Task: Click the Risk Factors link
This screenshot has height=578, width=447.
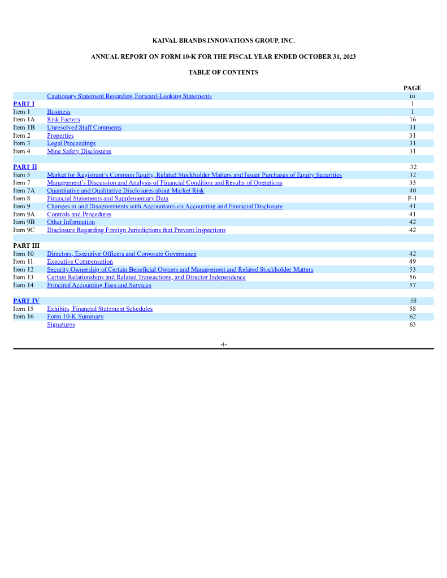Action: (x=63, y=120)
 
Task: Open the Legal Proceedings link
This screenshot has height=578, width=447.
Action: (x=71, y=143)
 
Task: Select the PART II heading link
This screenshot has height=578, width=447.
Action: (x=25, y=167)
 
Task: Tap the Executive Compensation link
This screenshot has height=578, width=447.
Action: (x=80, y=262)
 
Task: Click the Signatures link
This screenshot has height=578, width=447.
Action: (x=60, y=325)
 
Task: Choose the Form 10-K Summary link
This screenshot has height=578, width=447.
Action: (x=75, y=317)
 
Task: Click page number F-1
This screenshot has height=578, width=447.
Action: (x=412, y=199)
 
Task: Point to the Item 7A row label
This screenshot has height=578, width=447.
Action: (x=24, y=191)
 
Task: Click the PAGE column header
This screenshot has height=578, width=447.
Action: (x=412, y=88)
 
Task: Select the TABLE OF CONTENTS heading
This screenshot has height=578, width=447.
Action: (x=223, y=72)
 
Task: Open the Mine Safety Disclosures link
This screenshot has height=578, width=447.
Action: (x=79, y=151)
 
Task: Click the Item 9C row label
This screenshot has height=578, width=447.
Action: (x=24, y=230)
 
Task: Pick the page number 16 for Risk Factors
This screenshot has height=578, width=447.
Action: (x=413, y=120)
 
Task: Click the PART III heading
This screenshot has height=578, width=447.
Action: (x=26, y=246)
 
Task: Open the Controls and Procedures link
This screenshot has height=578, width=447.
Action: (x=79, y=214)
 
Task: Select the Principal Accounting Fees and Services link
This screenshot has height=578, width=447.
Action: (x=99, y=286)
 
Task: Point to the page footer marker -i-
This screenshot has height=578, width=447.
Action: (x=224, y=344)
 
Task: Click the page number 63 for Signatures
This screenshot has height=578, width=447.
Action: (x=413, y=325)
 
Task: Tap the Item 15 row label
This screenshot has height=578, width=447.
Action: (x=23, y=309)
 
